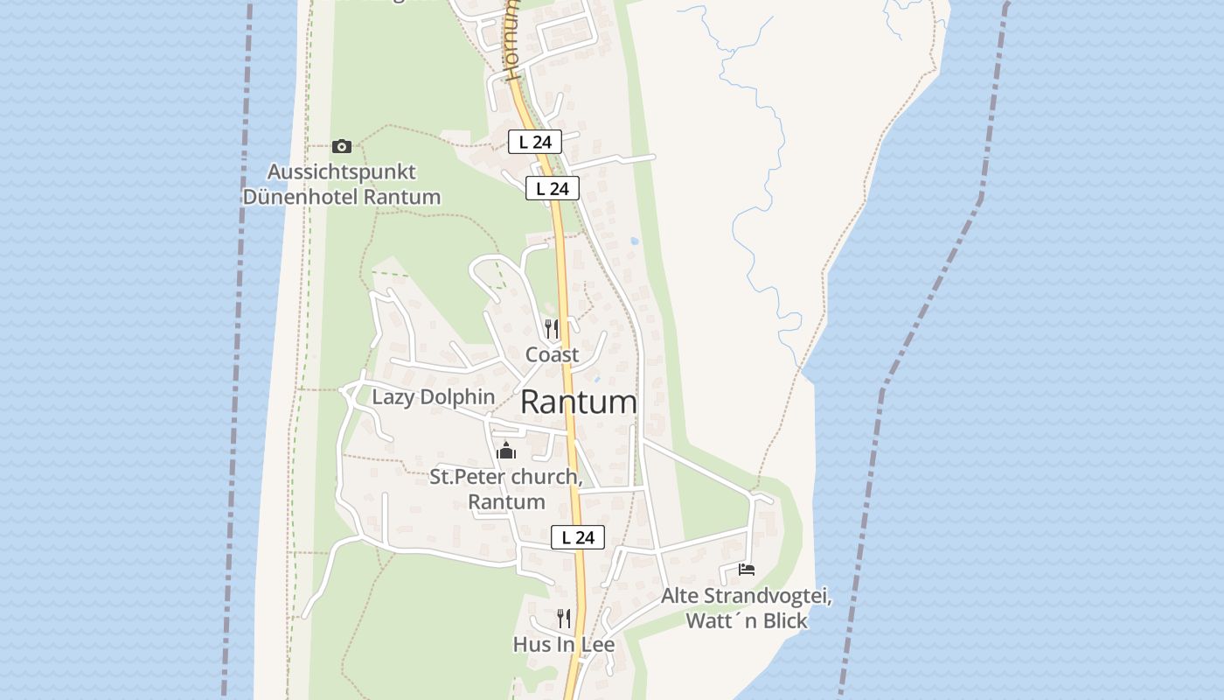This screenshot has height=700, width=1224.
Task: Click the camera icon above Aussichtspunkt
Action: (x=342, y=146)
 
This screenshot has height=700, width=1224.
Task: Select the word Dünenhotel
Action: (x=300, y=197)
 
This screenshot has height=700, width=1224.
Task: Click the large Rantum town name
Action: (x=579, y=402)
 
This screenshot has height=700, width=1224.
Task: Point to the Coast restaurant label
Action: (x=552, y=354)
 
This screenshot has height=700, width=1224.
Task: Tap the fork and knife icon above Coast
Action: (x=552, y=329)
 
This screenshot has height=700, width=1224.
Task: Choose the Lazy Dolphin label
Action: (x=434, y=397)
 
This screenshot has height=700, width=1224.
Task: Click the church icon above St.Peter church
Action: (x=505, y=451)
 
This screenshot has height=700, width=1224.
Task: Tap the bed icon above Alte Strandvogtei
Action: (x=746, y=569)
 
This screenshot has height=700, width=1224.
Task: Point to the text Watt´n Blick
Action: (x=747, y=621)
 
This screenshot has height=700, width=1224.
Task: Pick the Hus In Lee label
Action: (x=564, y=645)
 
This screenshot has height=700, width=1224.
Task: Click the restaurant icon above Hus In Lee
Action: (x=564, y=619)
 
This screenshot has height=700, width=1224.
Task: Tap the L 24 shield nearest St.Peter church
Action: (x=578, y=537)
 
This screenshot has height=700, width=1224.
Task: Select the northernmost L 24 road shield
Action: (x=534, y=142)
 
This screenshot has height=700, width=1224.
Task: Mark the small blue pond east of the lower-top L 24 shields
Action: (x=634, y=241)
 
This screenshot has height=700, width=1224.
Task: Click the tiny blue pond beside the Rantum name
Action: (x=597, y=379)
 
